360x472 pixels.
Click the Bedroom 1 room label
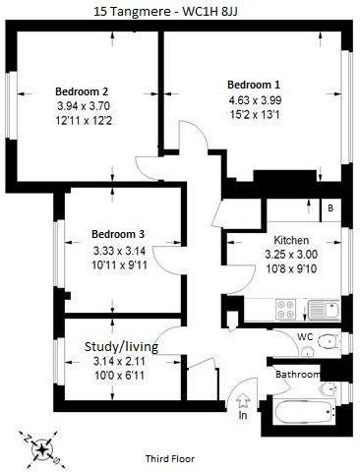254,85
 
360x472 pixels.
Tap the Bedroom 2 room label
82,91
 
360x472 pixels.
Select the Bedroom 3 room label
118,234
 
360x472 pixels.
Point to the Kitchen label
291,240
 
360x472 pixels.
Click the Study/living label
121,346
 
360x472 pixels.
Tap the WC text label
305,337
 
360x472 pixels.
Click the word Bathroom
298,375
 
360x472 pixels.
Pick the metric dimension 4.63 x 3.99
255,100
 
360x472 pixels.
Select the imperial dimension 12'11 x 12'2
84,121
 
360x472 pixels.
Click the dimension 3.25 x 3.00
291,255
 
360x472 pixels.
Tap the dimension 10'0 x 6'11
119,375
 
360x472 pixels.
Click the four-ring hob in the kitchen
285,310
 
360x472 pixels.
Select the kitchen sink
325,310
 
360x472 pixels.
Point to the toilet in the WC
329,341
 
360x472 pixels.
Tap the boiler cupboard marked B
330,208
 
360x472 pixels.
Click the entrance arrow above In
243,401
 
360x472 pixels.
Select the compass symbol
42,450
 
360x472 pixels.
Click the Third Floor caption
170,459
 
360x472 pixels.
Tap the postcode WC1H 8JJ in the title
210,12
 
